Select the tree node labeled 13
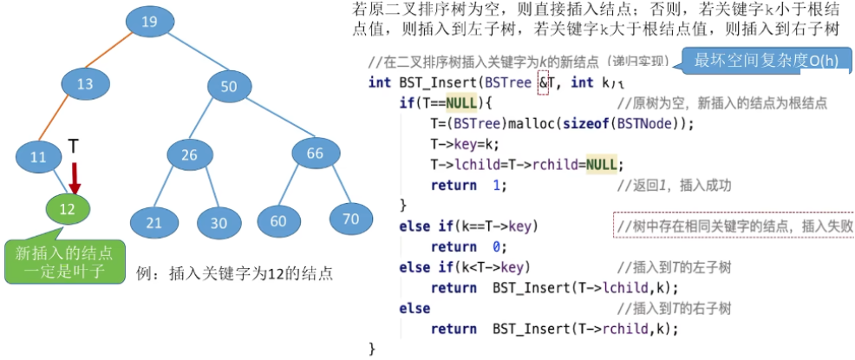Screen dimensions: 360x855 pos(85,84)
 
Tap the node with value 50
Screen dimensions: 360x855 pos(228,86)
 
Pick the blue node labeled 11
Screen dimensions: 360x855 pos(38,157)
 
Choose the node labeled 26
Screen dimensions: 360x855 pos(189,156)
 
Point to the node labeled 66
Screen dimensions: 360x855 pos(314,154)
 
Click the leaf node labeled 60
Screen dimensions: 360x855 pos(278,220)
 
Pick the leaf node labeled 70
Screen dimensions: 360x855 pos(350,219)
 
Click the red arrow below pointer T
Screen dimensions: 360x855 pos(75,177)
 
